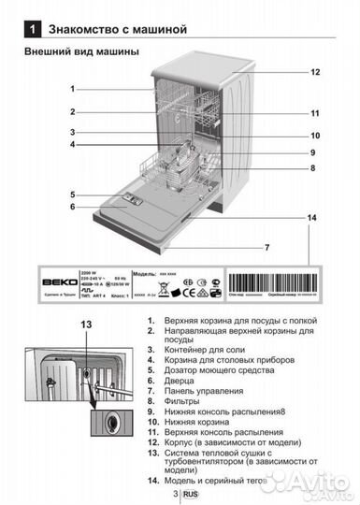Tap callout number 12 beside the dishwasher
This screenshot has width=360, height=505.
click(316, 72)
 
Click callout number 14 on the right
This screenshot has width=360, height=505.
click(311, 217)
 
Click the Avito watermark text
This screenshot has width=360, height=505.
click(299, 481)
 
